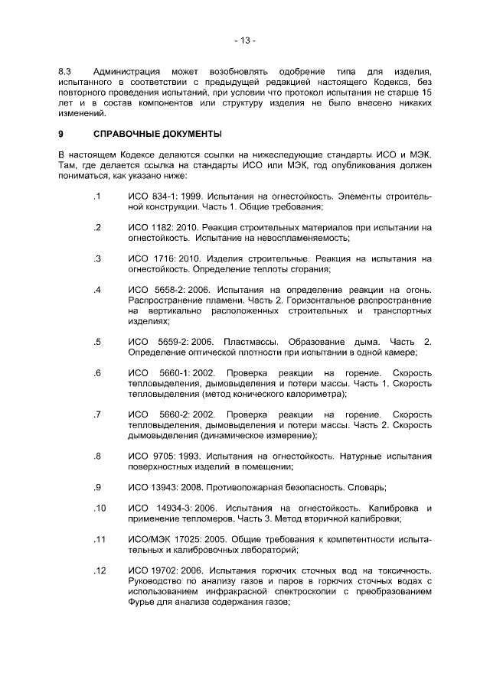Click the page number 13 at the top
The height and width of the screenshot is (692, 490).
pyautogui.click(x=245, y=40)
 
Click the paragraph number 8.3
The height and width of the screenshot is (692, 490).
pyautogui.click(x=64, y=71)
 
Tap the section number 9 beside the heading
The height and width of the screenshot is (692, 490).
pyautogui.click(x=60, y=134)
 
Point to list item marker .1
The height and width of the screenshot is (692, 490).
pyautogui.click(x=97, y=197)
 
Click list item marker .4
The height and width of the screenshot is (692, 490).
pyautogui.click(x=97, y=291)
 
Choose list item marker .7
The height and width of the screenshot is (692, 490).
pyautogui.click(x=97, y=414)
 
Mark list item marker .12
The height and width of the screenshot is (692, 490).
pyautogui.click(x=98, y=570)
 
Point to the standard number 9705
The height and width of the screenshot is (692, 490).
pyautogui.click(x=164, y=456)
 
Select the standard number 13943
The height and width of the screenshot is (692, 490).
pyautogui.click(x=167, y=487)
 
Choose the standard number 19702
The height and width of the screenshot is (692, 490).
pyautogui.click(x=167, y=570)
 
